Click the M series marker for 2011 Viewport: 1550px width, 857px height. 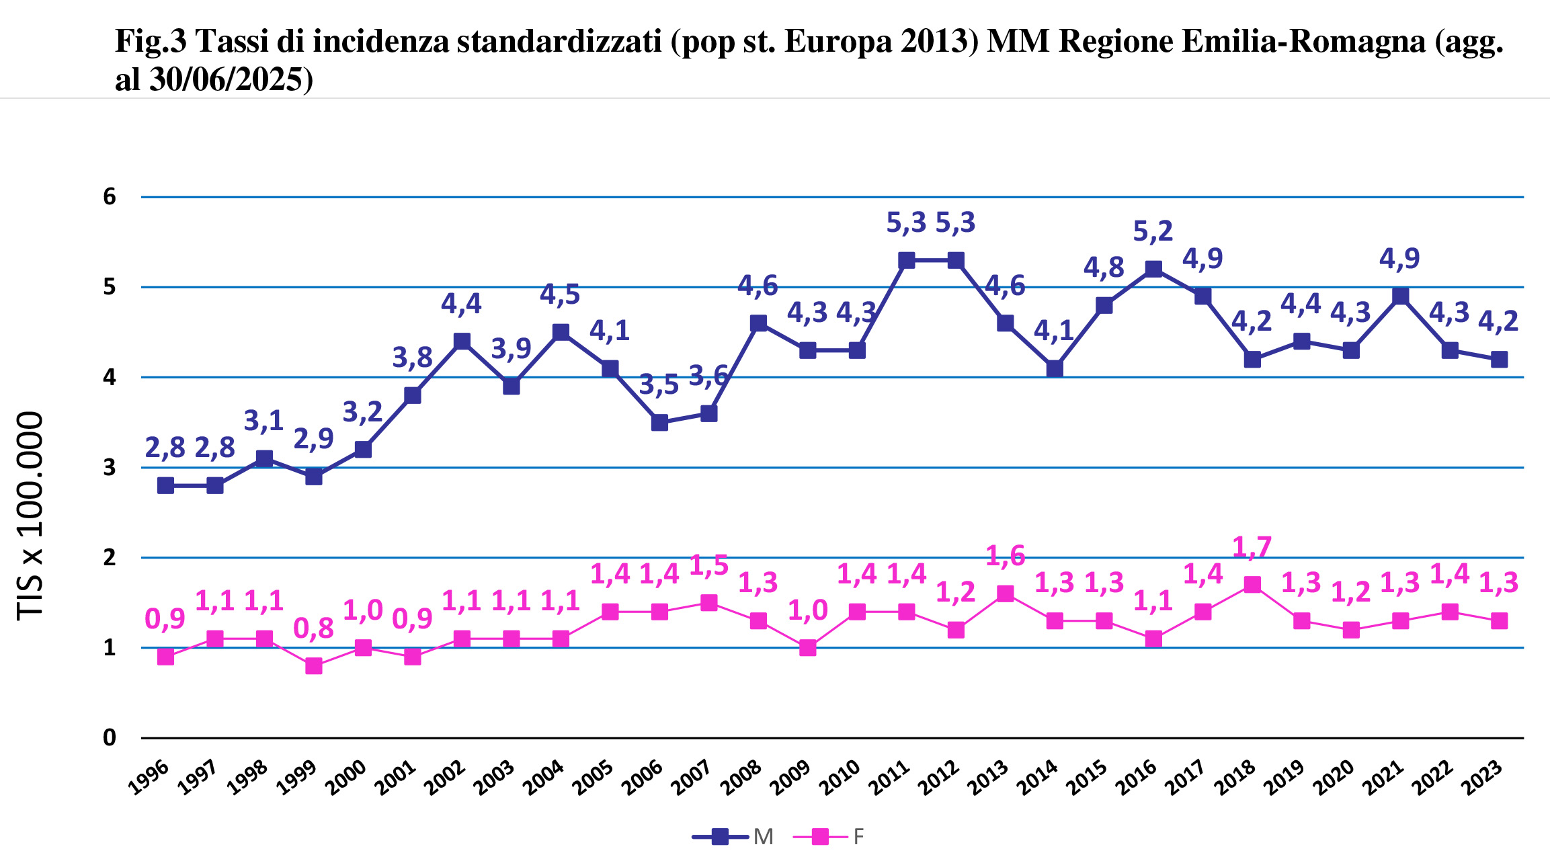point(906,260)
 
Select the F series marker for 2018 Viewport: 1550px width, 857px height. point(1252,584)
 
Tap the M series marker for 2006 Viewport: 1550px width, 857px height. point(659,422)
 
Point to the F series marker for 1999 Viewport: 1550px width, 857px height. point(313,665)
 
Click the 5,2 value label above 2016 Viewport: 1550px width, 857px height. point(1153,232)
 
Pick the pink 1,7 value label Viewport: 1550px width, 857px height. point(1252,548)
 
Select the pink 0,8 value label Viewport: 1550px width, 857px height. point(313,628)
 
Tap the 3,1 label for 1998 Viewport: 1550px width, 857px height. point(263,421)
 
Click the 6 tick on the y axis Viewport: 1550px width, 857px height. point(110,197)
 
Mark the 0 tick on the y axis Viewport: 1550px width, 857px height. point(110,738)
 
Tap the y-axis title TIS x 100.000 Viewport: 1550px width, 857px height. point(30,516)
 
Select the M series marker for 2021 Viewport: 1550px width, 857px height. point(1400,296)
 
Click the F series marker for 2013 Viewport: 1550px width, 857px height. point(1005,594)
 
